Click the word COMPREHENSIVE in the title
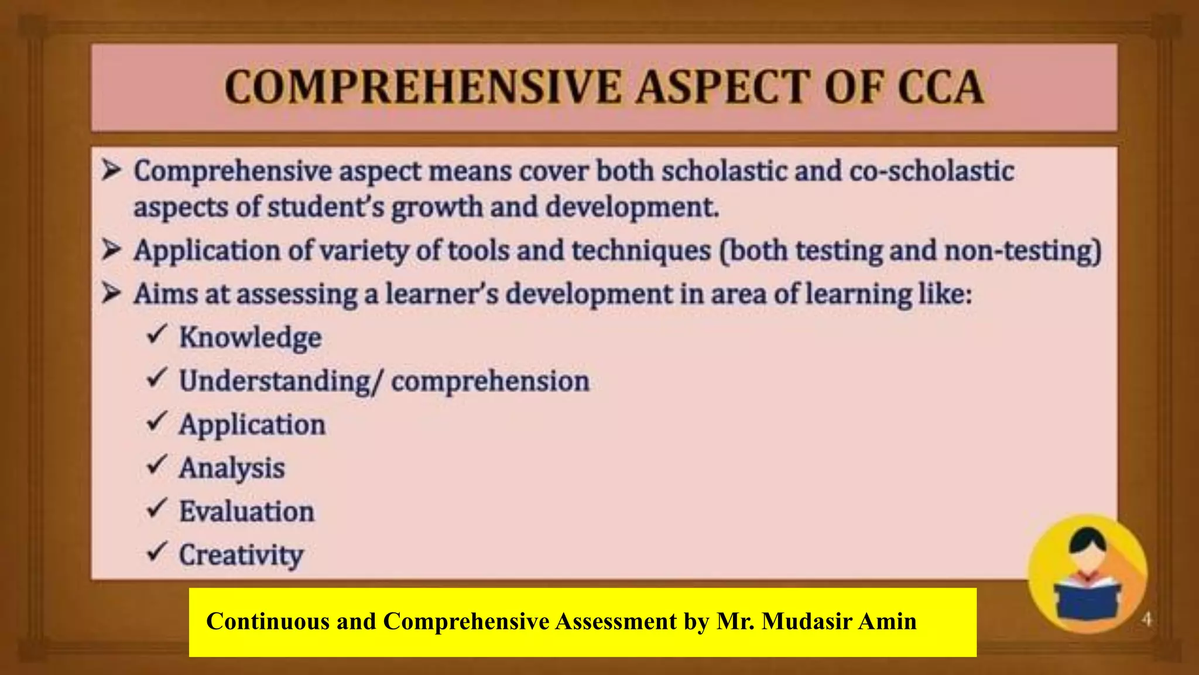(x=422, y=88)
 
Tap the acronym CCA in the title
(x=940, y=88)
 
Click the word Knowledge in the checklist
(x=250, y=338)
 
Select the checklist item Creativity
(x=241, y=555)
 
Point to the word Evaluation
(x=246, y=512)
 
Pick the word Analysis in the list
(x=232, y=468)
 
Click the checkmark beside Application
(x=157, y=422)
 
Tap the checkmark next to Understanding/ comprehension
(x=157, y=378)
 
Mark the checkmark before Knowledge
(x=157, y=334)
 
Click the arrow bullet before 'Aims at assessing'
(x=111, y=293)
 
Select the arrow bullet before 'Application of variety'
(x=111, y=250)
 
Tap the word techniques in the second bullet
(x=640, y=251)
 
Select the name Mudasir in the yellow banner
(x=809, y=621)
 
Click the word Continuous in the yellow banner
(x=268, y=621)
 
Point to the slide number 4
(x=1146, y=619)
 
